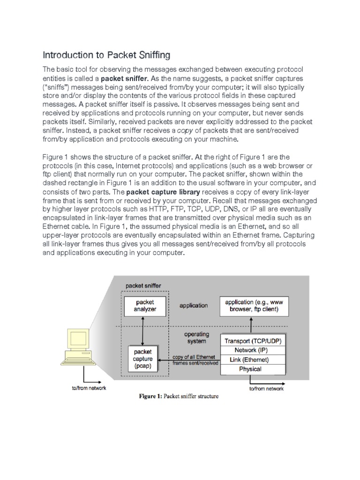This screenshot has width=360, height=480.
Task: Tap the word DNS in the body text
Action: (242, 209)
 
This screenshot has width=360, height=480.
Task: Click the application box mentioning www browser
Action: (254, 306)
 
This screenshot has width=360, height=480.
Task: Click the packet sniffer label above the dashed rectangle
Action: (141, 285)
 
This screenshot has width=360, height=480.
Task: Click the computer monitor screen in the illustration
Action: (81, 339)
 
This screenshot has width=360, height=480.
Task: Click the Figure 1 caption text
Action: (179, 396)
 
